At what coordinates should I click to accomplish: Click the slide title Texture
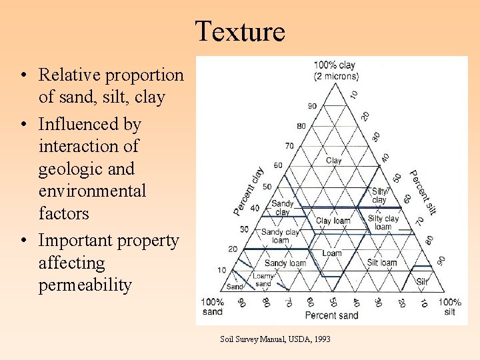pos(240,31)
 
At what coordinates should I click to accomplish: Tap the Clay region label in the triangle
pos(333,161)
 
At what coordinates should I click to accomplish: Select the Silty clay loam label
pos(383,223)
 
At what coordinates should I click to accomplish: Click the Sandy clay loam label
pos(280,236)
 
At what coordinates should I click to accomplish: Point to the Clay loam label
pos(333,221)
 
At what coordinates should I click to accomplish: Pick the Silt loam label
pos(382,263)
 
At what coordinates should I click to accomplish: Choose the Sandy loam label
pos(285,263)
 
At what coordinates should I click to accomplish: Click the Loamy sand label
pos(263,280)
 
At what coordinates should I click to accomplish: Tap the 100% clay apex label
pos(335,70)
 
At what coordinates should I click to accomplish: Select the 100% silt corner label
pos(449,307)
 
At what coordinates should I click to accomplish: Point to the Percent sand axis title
pos(332,315)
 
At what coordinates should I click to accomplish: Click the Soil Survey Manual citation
pos(275,339)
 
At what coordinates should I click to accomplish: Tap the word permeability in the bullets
pos(85,285)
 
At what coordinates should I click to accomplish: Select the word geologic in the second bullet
pos(67,168)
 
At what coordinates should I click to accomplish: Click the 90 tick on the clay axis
pos(311,106)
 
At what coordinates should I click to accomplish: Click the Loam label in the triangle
pos(331,253)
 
